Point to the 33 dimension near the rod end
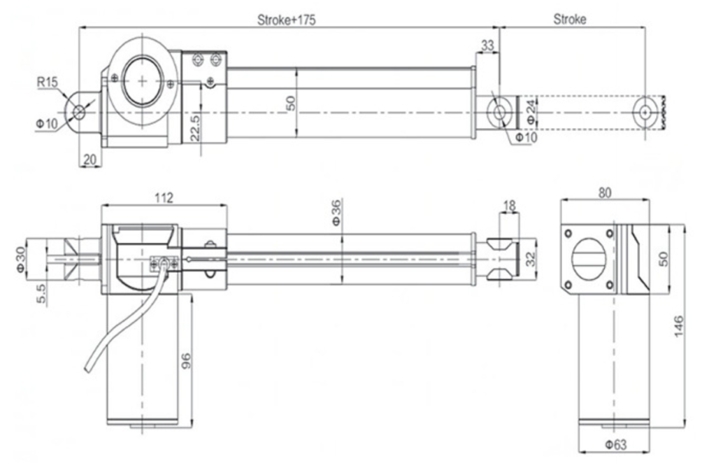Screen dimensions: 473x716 [x=488, y=46]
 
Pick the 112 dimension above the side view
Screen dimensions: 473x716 [x=164, y=197]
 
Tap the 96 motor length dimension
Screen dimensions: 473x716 [x=186, y=360]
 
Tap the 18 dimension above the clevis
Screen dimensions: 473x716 [x=509, y=206]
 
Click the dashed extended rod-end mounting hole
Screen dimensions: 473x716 [x=645, y=111]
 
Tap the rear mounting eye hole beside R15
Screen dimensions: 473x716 [x=78, y=112]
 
